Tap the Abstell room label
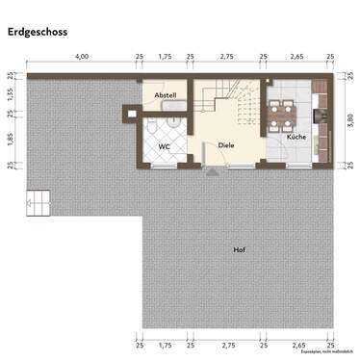166,96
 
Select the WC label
164,146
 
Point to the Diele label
226,145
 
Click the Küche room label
296,138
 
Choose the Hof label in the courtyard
238,250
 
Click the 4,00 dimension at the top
83,58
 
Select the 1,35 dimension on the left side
10,93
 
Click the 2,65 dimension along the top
296,58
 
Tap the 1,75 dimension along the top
165,58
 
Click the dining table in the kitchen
281,113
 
